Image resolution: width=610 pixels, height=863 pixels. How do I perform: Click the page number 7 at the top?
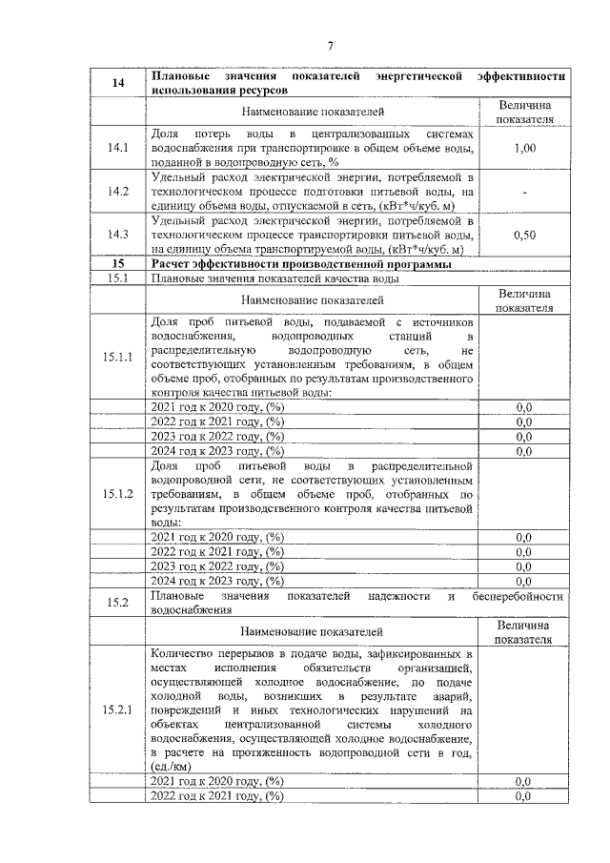pyautogui.click(x=330, y=46)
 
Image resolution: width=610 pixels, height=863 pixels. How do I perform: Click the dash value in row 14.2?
pyautogui.click(x=524, y=192)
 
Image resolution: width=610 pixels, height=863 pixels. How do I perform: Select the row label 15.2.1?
pyautogui.click(x=118, y=710)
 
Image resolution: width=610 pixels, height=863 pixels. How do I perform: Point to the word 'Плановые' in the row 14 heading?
pyautogui.click(x=182, y=74)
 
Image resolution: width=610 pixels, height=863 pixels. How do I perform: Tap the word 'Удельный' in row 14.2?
pyautogui.click(x=179, y=176)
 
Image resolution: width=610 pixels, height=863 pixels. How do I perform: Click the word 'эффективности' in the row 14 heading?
pyautogui.click(x=522, y=74)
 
